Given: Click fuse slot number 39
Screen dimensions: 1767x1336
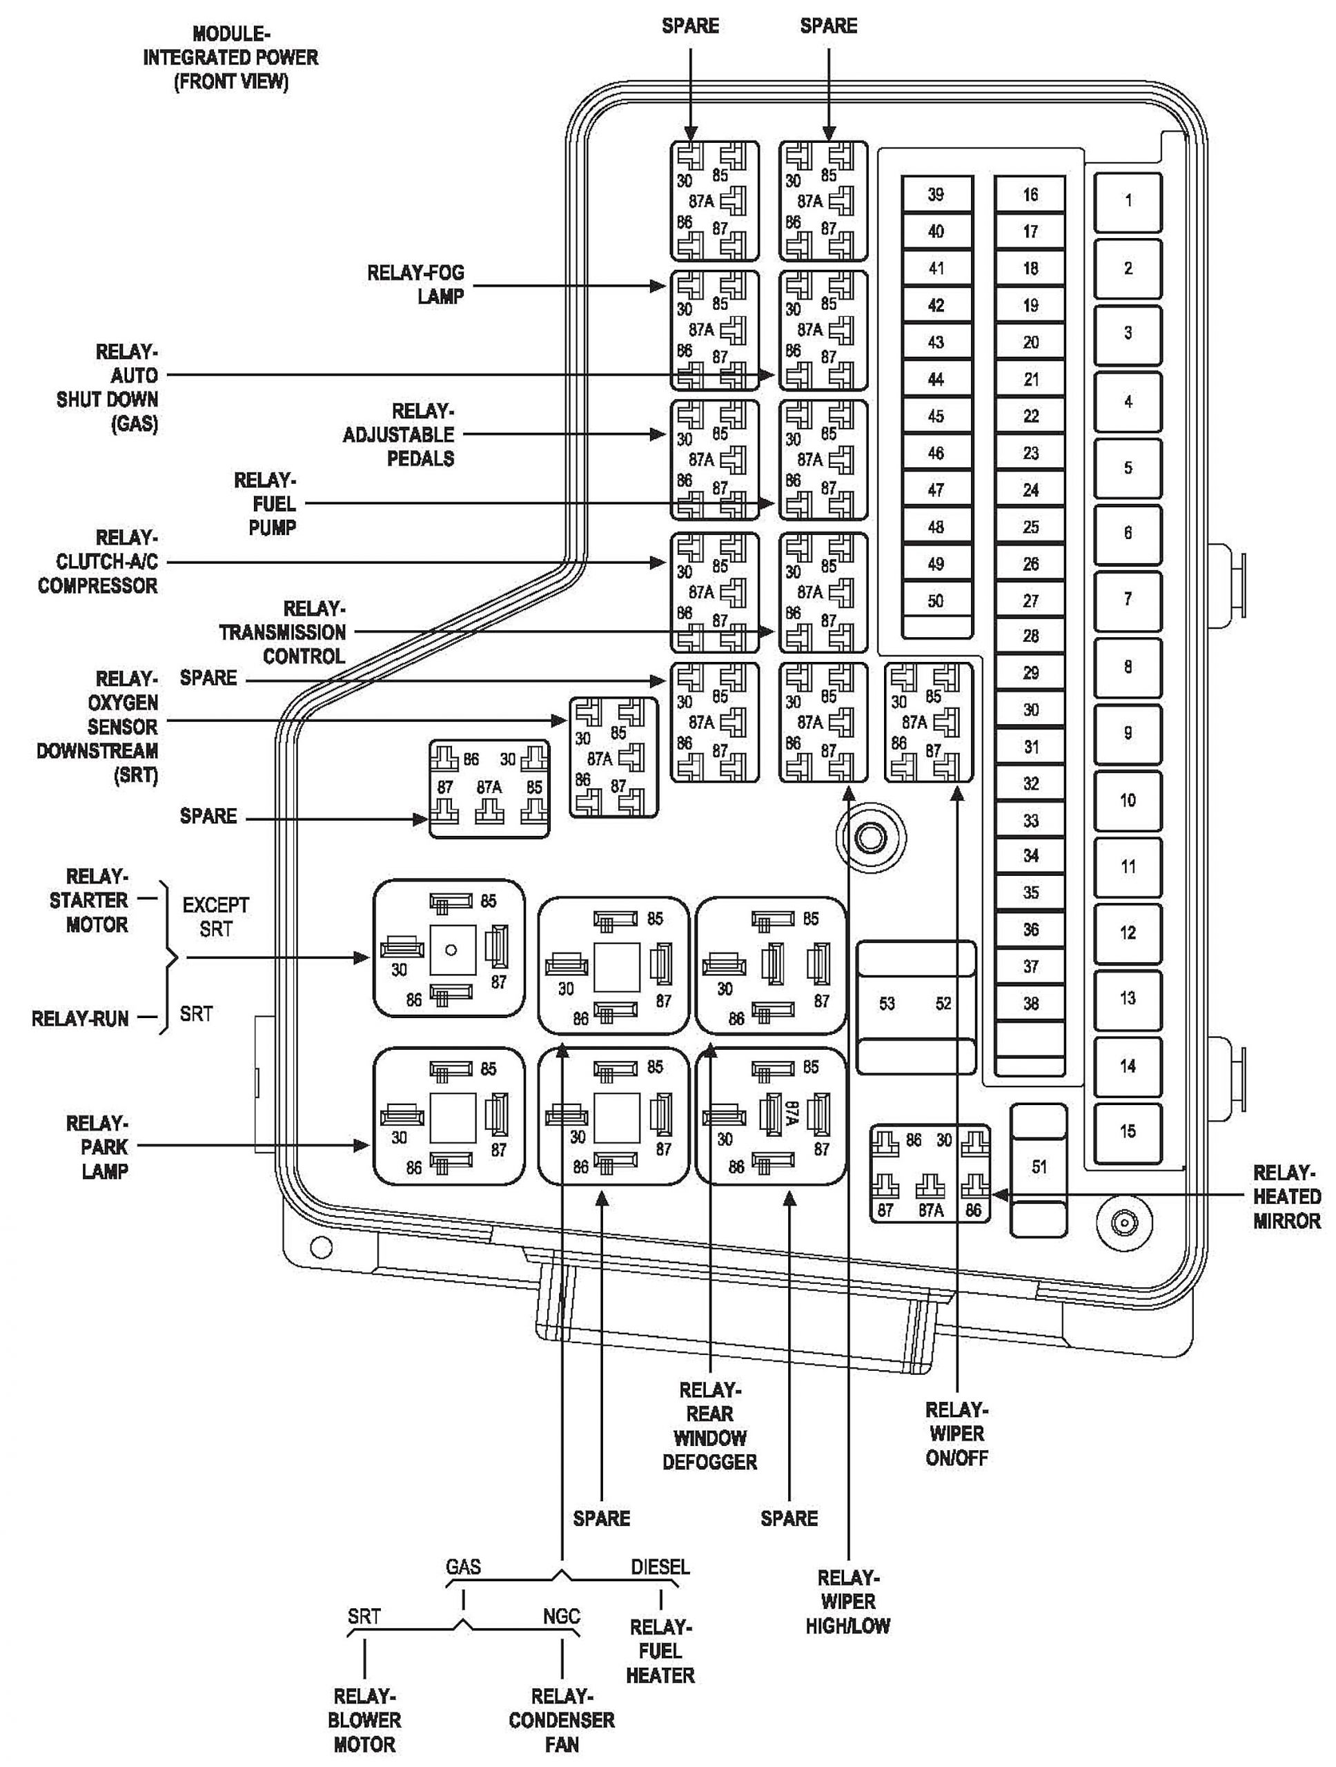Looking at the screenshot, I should (936, 194).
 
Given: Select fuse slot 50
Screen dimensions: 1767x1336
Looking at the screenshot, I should (936, 601).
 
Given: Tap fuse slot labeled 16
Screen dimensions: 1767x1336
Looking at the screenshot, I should (1030, 194).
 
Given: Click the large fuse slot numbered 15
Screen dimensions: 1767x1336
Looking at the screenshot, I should (1128, 1131).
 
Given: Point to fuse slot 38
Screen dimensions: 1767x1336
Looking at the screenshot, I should (1030, 1004).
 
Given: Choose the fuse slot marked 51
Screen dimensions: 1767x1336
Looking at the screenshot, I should (1038, 1167).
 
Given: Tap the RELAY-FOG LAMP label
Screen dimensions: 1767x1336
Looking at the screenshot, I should (415, 284).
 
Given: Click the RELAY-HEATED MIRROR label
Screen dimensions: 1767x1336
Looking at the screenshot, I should (1286, 1197).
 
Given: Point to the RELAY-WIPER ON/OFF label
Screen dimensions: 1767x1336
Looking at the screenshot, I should (956, 1433).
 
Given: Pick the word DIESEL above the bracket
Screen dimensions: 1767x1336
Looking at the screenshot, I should (660, 1568).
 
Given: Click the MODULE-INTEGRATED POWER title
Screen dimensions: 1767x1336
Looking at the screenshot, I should (230, 57).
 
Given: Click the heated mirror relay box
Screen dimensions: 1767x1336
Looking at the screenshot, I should (930, 1174).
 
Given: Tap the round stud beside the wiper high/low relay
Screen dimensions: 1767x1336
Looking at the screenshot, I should (869, 837).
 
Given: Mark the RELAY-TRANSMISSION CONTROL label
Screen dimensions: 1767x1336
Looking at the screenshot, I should (283, 633).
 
